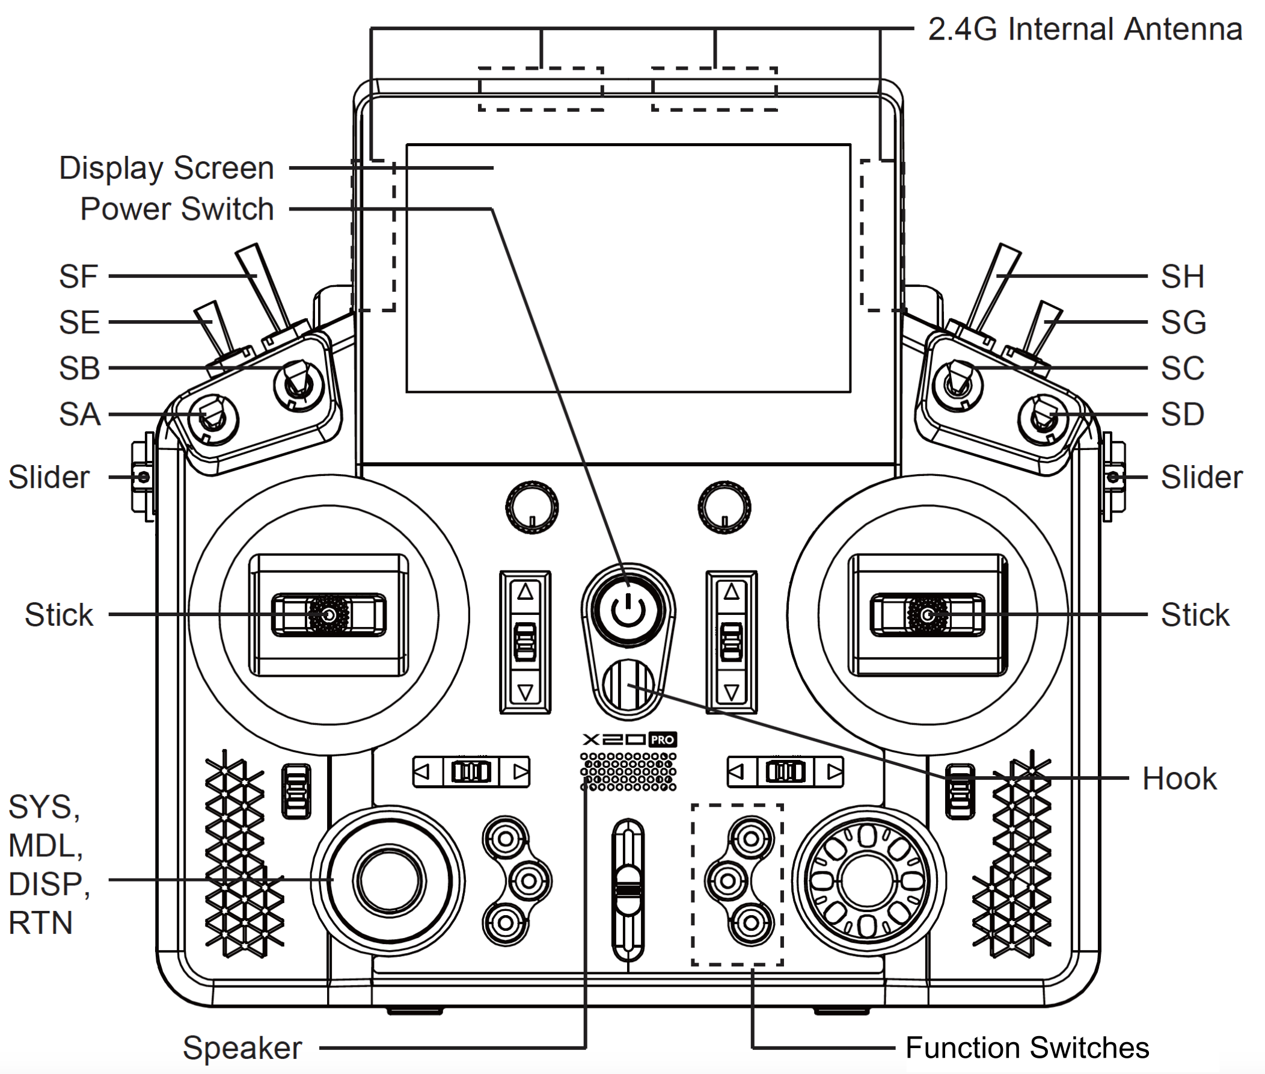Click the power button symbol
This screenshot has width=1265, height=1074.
pyautogui.click(x=628, y=611)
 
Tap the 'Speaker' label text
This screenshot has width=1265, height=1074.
pyautogui.click(x=242, y=1048)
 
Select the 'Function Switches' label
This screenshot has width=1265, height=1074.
pyautogui.click(x=1027, y=1048)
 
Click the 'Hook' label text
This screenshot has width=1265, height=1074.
pyautogui.click(x=1179, y=778)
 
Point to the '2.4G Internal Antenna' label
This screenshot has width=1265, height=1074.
pyautogui.click(x=1085, y=29)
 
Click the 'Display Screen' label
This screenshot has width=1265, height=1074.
pyautogui.click(x=167, y=168)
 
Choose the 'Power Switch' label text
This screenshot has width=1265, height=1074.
pyautogui.click(x=177, y=209)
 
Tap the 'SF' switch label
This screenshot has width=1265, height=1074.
pyautogui.click(x=79, y=276)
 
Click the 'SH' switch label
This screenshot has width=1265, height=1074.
pyautogui.click(x=1182, y=276)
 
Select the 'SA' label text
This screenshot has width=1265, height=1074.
pyautogui.click(x=80, y=414)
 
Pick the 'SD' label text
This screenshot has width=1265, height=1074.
pyautogui.click(x=1182, y=414)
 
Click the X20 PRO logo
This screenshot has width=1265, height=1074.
pyautogui.click(x=629, y=739)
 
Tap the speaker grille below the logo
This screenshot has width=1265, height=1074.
pyautogui.click(x=628, y=771)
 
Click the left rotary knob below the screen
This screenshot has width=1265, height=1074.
pyautogui.click(x=532, y=507)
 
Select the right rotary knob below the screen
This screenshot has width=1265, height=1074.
pyautogui.click(x=724, y=507)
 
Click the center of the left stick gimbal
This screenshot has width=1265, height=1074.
pyautogui.click(x=329, y=615)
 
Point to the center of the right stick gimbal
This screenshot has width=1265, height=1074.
pyautogui.click(x=927, y=615)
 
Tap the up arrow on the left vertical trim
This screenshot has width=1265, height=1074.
pyautogui.click(x=525, y=591)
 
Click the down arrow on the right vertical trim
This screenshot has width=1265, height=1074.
pyautogui.click(x=731, y=693)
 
